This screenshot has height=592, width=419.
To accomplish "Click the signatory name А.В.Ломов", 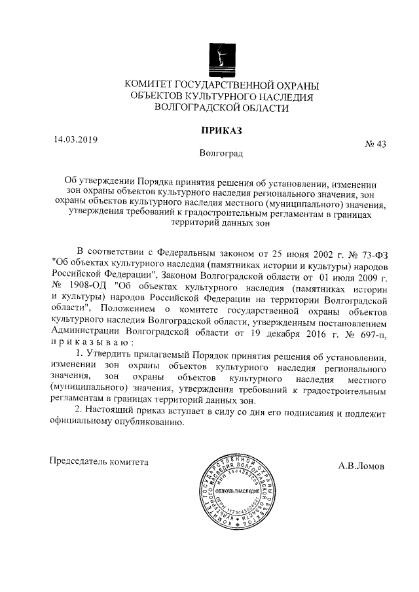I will pos(361,467).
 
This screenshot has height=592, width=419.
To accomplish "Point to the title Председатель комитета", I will pos(100,461).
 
